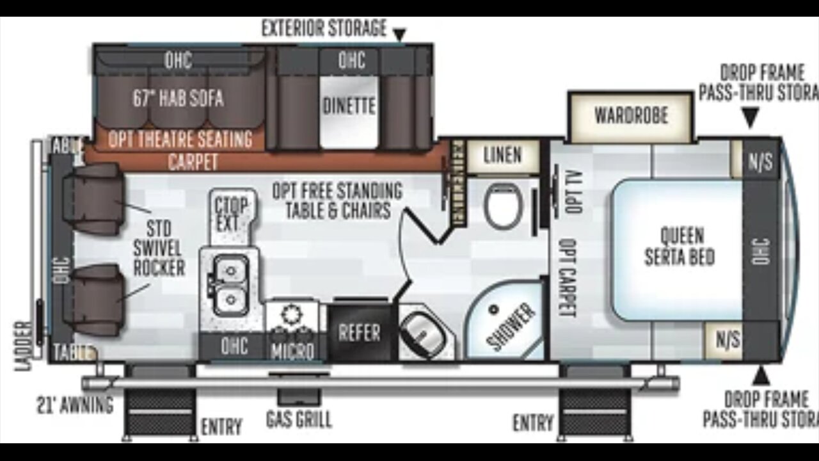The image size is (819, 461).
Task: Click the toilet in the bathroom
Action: point(504,205)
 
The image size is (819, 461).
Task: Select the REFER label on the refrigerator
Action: point(359,332)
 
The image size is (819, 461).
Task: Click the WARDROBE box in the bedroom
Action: point(631,116)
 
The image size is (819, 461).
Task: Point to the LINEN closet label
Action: point(502,155)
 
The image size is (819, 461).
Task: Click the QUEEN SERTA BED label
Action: point(679,247)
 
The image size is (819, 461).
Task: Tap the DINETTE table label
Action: point(349,106)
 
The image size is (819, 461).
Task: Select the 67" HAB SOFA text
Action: point(178,99)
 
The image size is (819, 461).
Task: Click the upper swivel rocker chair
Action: point(93,199)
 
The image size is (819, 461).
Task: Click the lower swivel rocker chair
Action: point(93,300)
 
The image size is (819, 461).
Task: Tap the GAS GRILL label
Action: point(299,419)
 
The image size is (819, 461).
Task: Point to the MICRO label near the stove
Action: point(292,351)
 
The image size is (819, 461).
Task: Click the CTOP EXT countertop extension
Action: point(231,214)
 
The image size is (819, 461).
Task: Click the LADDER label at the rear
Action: point(23,346)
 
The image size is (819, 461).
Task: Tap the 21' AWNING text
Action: point(75,405)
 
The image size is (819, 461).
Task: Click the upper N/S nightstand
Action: point(759,161)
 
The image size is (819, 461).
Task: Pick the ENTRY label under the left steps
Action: point(221,426)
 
